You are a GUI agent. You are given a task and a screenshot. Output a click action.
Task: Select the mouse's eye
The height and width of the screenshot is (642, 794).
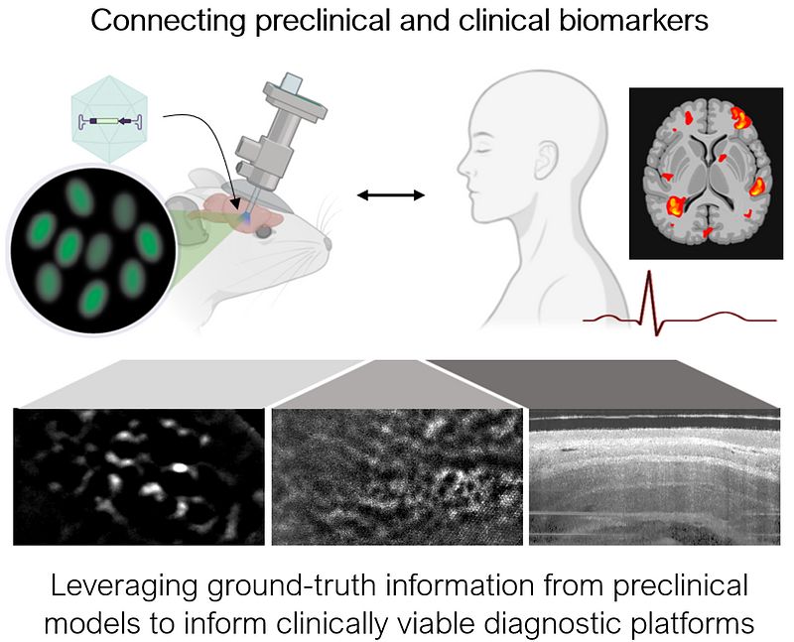click(265, 232)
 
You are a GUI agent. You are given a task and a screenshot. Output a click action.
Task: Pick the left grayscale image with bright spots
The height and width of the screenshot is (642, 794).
click(140, 476)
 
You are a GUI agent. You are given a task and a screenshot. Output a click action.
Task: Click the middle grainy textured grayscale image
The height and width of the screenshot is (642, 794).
click(396, 476)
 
